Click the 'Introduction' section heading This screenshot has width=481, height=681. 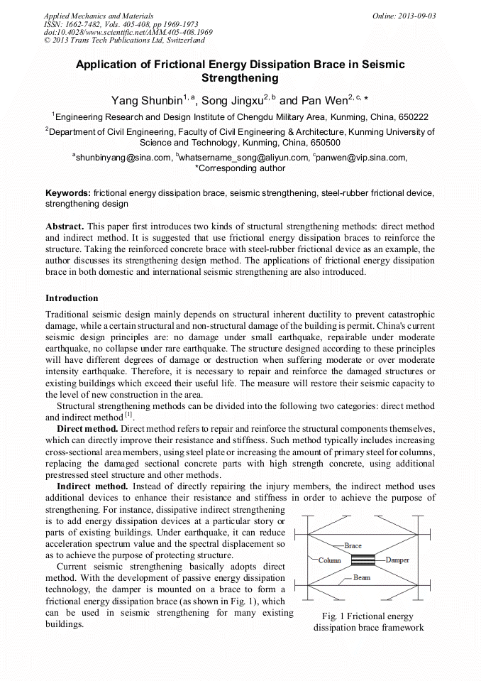72,298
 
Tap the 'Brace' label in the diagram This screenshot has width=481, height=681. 353,545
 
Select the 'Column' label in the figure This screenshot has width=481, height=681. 329,560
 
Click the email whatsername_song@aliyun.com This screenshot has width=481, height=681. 243,158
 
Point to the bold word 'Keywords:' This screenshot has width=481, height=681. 68,193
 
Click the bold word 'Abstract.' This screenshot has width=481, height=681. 65,226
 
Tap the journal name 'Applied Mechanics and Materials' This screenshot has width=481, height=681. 99,16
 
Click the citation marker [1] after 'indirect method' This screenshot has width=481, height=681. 129,415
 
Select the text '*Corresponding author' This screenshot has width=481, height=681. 240,169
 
